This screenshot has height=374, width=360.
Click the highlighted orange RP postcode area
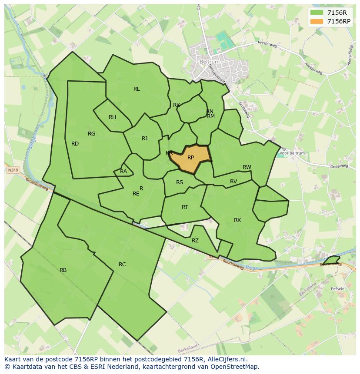(190, 158)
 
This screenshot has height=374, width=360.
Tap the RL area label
(137, 89)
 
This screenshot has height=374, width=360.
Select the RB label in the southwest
(63, 270)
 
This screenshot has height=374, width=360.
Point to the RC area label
(122, 265)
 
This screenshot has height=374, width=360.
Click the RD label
(75, 144)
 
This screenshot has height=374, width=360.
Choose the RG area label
(91, 134)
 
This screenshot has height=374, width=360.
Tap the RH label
(112, 117)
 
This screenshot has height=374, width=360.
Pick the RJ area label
(144, 139)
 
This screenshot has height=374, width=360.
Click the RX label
(237, 220)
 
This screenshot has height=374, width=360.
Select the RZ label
(195, 241)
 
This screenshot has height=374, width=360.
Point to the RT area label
(185, 207)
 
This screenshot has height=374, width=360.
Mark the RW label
(247, 167)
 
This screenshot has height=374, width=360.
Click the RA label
(123, 172)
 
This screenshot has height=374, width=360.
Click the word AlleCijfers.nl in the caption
(226, 359)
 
